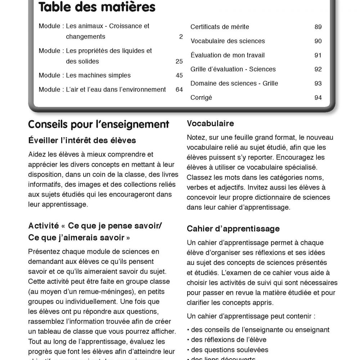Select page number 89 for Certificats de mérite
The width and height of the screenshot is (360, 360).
tap(318, 27)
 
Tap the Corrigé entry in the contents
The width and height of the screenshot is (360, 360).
tap(201, 98)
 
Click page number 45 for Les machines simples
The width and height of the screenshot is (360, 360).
tap(179, 76)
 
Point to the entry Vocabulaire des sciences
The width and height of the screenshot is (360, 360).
tap(228, 41)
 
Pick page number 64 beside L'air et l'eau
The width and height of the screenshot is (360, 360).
tap(179, 90)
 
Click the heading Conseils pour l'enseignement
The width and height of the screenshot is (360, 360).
tap(99, 125)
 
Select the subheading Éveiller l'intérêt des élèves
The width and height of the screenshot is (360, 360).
tap(82, 140)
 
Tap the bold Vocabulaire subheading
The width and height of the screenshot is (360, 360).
tap(210, 123)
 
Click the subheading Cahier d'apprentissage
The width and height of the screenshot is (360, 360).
tap(228, 229)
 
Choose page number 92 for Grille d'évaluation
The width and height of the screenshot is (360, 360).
tap(318, 69)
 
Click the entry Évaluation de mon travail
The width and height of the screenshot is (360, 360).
tap(228, 55)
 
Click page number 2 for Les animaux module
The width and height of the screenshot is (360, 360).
tap(181, 37)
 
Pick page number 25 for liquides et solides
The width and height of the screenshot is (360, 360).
tap(179, 62)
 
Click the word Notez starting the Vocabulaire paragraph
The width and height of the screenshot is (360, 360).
tap(196, 138)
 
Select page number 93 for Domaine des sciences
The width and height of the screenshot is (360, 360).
tap(318, 84)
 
